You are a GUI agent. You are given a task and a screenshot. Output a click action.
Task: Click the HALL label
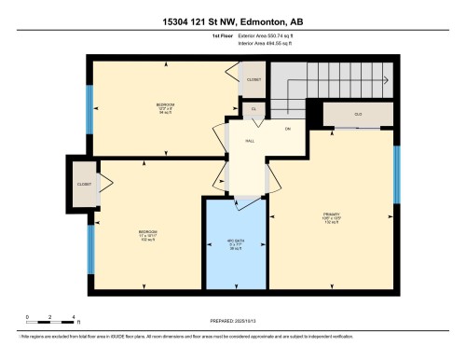point(250,141)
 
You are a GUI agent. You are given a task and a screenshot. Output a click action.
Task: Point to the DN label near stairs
point(288,128)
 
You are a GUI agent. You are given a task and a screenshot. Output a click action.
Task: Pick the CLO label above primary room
point(357,115)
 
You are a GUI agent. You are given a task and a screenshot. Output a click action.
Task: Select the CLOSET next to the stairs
point(254,80)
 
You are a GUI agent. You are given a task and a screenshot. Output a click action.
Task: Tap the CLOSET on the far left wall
point(85,184)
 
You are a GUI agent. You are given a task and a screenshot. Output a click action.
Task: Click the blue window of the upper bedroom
point(89,107)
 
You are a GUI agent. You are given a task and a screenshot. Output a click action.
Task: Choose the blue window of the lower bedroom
point(90,247)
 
